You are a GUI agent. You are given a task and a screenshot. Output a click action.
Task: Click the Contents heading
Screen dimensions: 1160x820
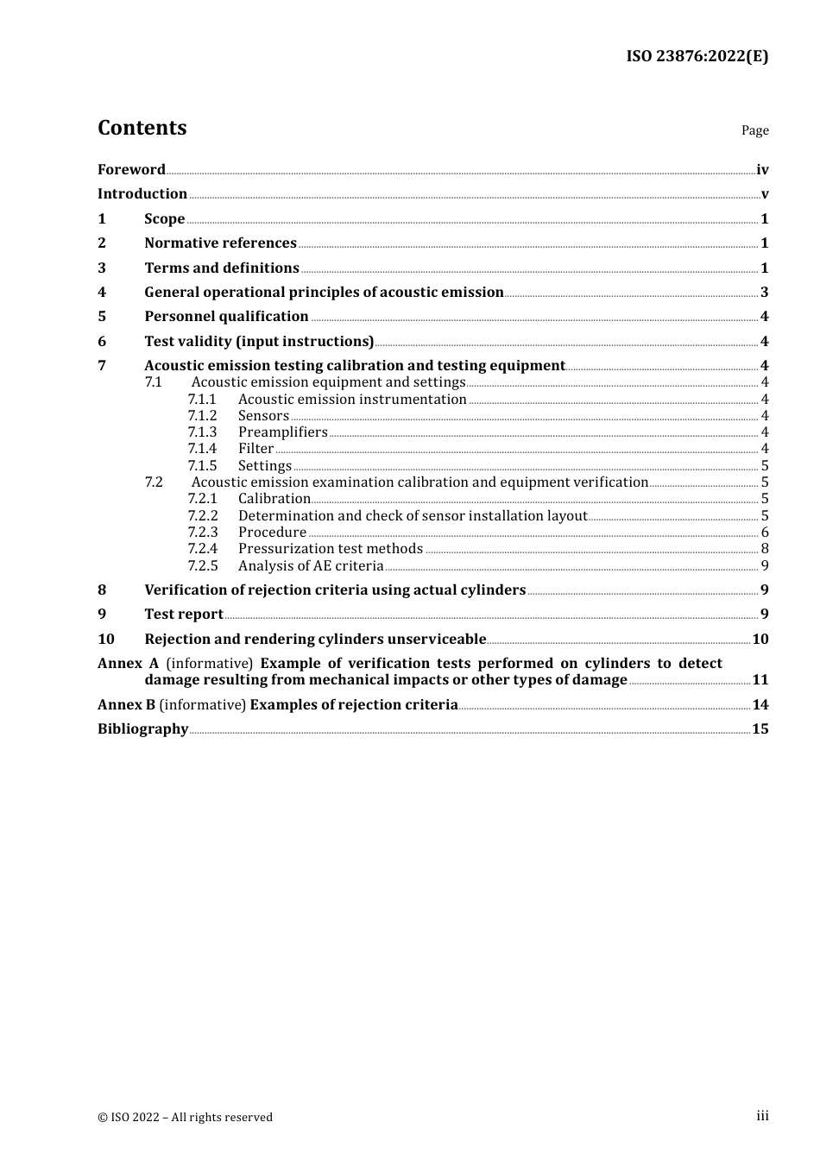[x=142, y=128]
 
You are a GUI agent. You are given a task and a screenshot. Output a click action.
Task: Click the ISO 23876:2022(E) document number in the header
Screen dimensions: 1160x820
[x=697, y=56]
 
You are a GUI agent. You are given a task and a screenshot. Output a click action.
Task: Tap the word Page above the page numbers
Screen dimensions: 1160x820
[x=754, y=130]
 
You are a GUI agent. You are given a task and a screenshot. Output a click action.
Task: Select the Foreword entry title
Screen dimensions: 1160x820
[x=131, y=169]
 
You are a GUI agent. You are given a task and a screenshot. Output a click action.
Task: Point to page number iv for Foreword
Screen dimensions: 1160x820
[x=762, y=170]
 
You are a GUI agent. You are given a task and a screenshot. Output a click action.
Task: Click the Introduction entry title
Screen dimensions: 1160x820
[x=142, y=193]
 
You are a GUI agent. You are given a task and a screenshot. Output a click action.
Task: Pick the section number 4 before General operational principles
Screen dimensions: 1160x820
[x=102, y=292]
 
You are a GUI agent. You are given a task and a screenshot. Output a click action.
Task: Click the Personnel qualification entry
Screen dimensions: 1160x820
[x=226, y=317]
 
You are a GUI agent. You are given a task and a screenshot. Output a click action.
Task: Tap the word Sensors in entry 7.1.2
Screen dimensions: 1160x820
[x=263, y=416]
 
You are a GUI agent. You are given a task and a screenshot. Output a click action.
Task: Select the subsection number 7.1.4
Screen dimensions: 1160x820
[x=202, y=449]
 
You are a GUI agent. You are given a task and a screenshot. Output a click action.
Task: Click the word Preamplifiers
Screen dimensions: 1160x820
[x=282, y=432]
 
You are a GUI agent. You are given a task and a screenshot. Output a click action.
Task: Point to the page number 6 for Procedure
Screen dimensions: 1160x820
[x=765, y=533]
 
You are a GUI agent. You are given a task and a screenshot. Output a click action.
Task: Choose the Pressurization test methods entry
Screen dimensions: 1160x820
[x=331, y=549]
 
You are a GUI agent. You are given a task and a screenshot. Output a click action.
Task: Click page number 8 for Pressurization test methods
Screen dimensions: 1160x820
[x=765, y=549]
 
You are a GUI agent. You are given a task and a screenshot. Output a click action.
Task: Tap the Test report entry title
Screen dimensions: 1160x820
[x=184, y=615]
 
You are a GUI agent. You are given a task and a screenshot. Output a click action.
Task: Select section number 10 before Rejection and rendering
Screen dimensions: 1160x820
[x=105, y=639]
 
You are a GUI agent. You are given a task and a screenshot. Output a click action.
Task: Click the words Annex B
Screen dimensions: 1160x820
[x=126, y=704]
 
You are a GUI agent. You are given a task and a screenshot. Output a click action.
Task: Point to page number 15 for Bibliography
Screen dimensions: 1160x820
[x=760, y=729]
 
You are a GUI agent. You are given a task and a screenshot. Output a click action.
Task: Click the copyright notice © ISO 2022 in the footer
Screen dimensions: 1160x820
[x=185, y=1117]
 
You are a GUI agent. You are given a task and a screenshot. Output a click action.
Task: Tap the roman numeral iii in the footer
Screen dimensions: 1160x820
[x=762, y=1116]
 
